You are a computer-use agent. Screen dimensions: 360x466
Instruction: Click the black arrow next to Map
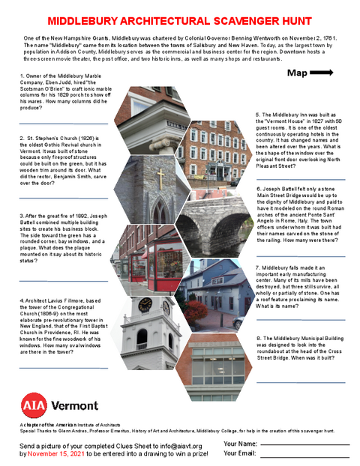coord(322,73)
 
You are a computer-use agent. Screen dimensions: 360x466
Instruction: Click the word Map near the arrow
coord(296,73)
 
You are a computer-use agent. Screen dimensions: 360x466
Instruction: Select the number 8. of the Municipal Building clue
coord(258,338)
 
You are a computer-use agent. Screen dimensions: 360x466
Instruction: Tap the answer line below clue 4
coord(52,368)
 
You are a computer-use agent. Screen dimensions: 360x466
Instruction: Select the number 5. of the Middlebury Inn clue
coord(258,114)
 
